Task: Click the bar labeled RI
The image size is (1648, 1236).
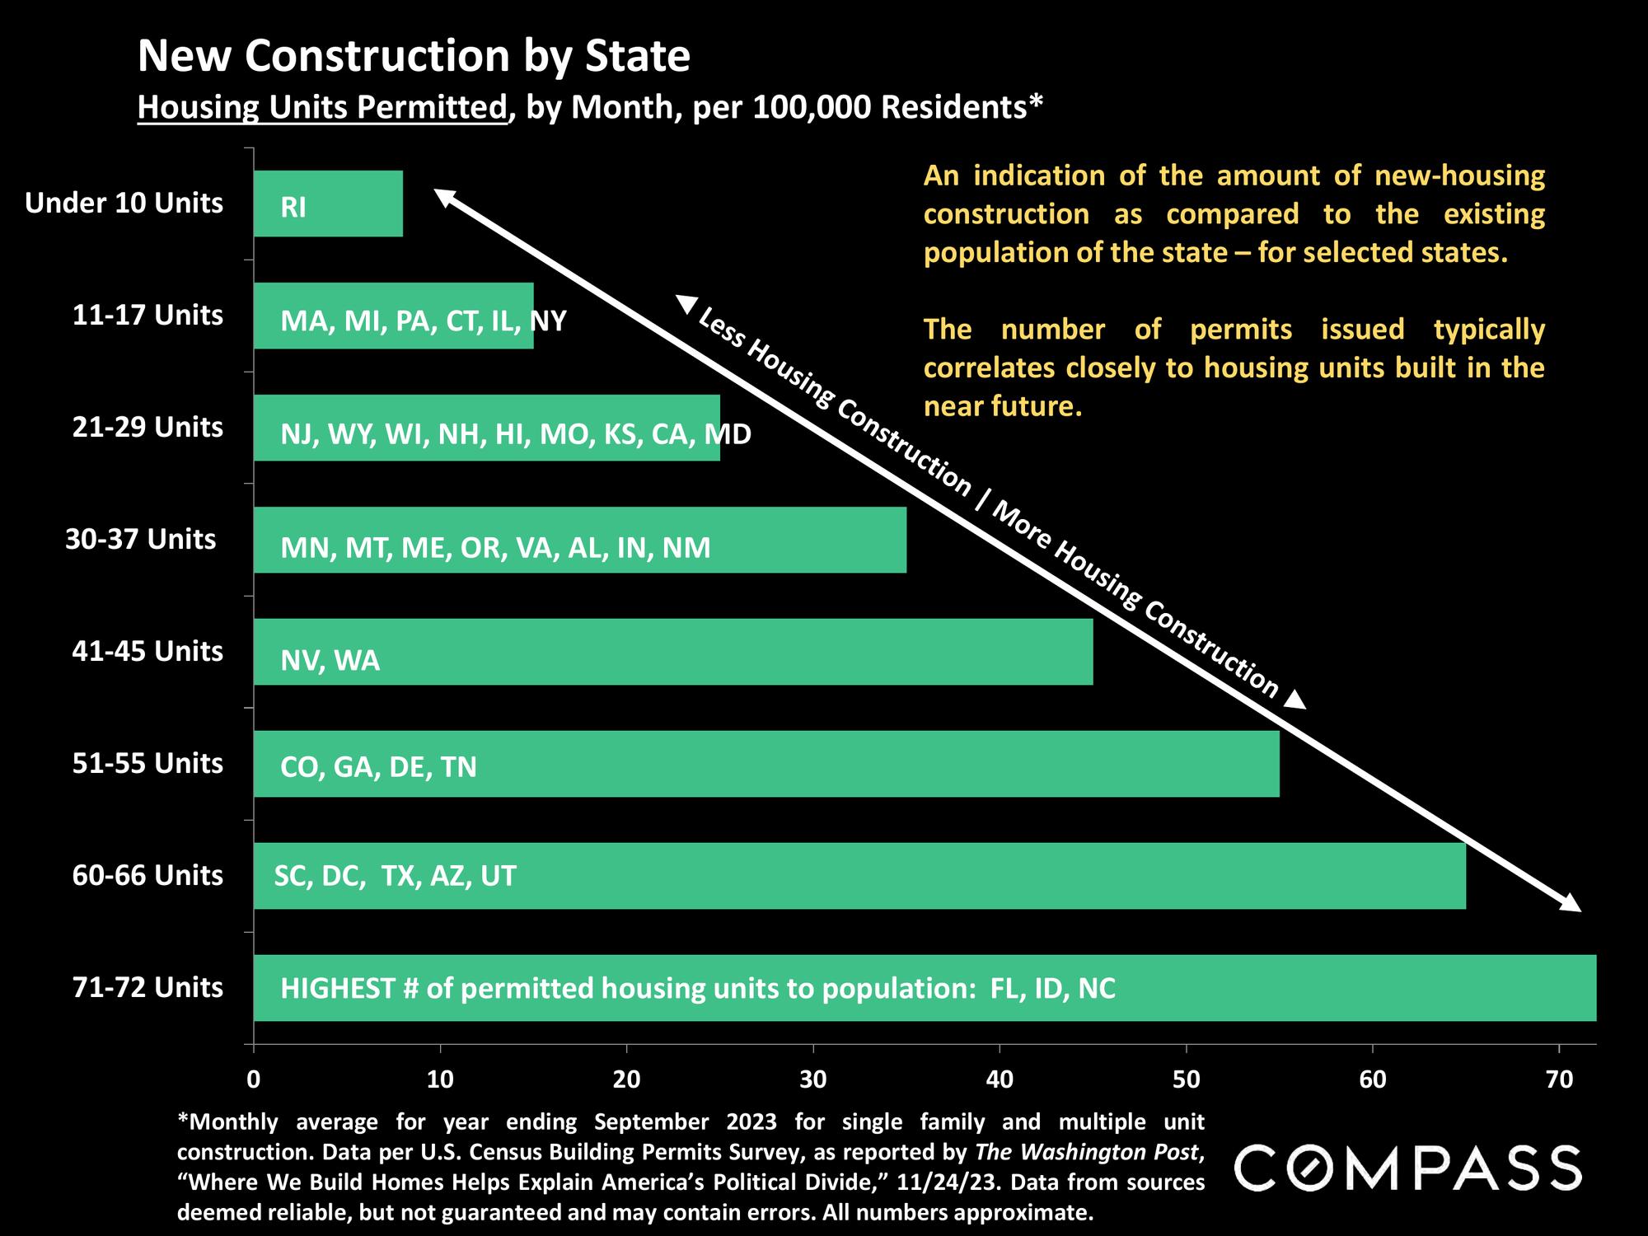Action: (328, 204)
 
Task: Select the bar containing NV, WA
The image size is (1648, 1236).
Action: (672, 652)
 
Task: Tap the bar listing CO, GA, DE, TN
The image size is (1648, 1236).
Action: (766, 764)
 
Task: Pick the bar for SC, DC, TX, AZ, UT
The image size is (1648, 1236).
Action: (859, 876)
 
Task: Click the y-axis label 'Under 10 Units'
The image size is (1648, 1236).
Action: (124, 203)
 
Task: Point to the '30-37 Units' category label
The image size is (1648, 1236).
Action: (141, 539)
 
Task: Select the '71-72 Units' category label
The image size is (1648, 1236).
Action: (147, 987)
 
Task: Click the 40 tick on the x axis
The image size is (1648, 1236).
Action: (1000, 1079)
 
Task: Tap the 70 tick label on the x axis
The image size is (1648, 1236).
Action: (1559, 1079)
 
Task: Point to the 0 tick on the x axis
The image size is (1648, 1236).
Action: (254, 1079)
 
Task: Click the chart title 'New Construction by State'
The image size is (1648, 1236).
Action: (414, 56)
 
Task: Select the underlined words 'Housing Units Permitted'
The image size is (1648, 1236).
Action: (322, 108)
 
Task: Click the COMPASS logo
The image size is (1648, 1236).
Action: (1407, 1168)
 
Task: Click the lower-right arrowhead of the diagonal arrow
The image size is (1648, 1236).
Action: (1571, 903)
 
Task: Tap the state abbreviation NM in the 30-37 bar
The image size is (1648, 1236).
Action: (686, 548)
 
